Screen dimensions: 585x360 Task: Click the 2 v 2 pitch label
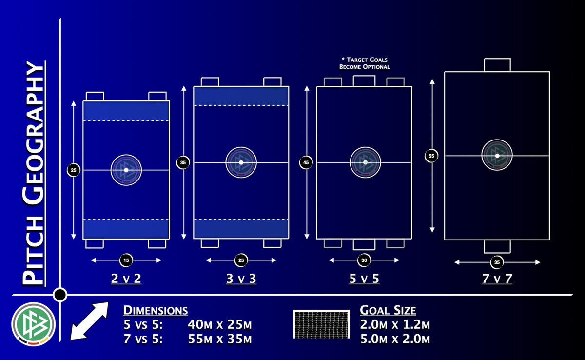[x=126, y=279]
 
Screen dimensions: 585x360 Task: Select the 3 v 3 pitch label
[x=241, y=279]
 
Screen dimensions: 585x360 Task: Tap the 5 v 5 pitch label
[x=364, y=279]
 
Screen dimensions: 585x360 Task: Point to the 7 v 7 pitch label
[x=497, y=279]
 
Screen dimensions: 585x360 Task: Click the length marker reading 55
[x=431, y=156]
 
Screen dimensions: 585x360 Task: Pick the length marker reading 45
[x=306, y=162]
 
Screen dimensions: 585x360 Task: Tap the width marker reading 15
[x=126, y=260]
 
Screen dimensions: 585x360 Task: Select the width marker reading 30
[x=364, y=260]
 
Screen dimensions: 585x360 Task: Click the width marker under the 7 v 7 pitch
[x=497, y=262]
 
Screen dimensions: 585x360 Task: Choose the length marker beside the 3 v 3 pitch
[x=183, y=162]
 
